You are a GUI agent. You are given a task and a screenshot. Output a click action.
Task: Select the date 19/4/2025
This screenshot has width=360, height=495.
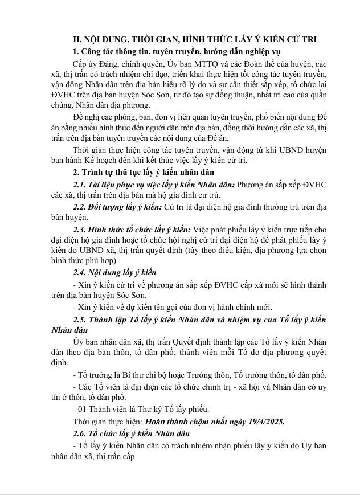(x=263, y=422)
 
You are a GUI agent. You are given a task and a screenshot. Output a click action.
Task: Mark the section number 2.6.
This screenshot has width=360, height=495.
(x=81, y=433)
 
